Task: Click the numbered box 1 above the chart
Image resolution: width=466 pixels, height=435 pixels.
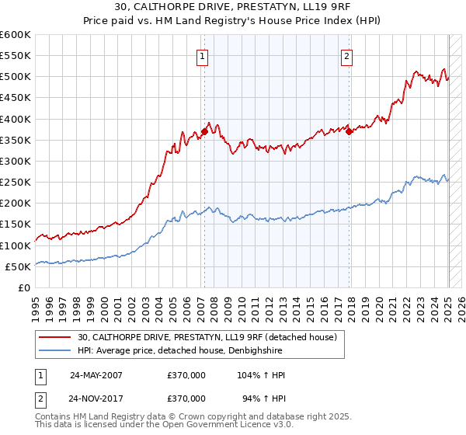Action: click(x=202, y=55)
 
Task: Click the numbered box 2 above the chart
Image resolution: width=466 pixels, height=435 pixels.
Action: click(x=346, y=55)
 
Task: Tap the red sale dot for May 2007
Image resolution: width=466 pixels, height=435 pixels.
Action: click(x=204, y=131)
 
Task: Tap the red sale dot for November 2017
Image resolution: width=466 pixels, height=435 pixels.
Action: click(x=349, y=131)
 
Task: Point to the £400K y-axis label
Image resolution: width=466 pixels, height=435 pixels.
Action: click(x=16, y=119)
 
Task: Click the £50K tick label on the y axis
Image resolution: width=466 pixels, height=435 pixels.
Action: click(x=19, y=266)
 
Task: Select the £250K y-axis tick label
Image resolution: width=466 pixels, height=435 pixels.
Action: click(x=16, y=183)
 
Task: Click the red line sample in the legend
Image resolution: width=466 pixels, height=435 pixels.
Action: click(x=55, y=337)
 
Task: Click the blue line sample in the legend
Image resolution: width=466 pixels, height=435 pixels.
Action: click(x=55, y=351)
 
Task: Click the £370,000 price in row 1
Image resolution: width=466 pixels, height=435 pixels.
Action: click(x=186, y=375)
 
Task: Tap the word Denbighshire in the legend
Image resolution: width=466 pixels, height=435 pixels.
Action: click(x=259, y=351)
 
